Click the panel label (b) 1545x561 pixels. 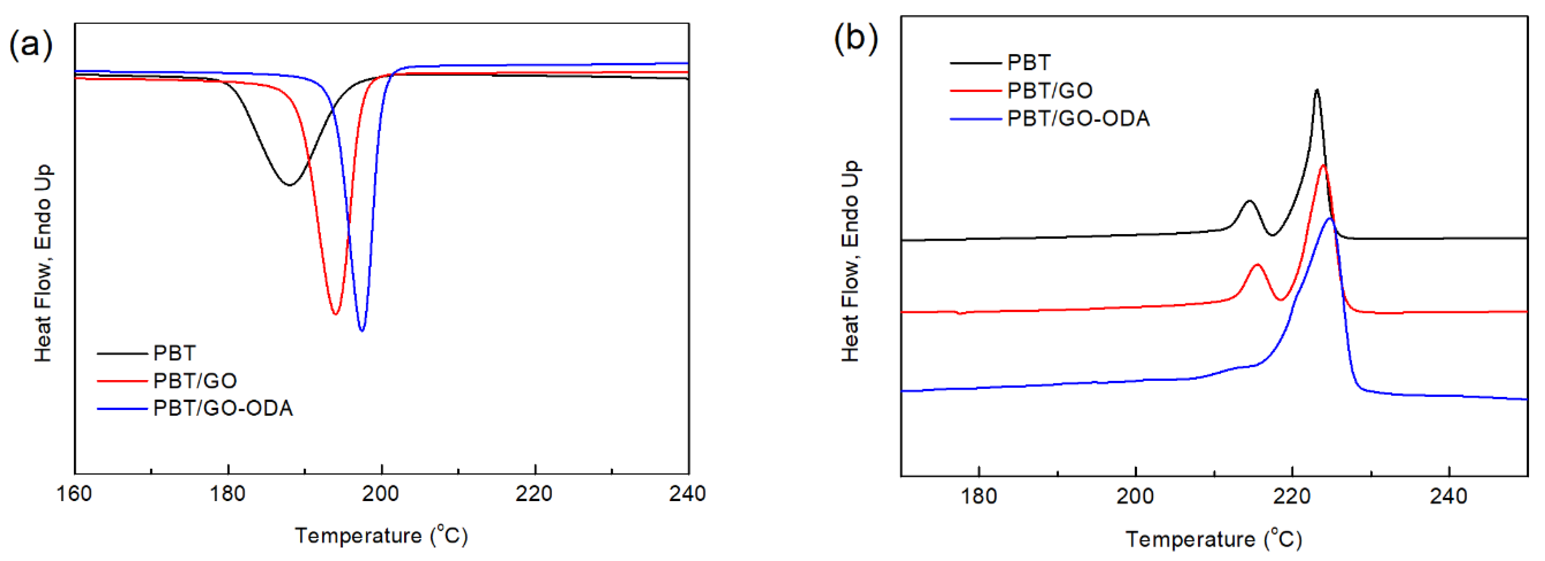[x=856, y=38]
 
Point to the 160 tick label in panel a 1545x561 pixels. [x=74, y=494]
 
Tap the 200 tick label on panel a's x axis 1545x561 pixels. [x=381, y=494]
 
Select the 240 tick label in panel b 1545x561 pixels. [x=1448, y=496]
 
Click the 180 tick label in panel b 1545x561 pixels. [x=979, y=496]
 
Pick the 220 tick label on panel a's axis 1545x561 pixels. [x=535, y=494]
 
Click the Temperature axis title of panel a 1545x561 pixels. [x=381, y=535]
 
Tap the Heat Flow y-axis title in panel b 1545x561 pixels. [x=850, y=261]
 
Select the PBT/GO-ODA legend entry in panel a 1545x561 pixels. [x=223, y=408]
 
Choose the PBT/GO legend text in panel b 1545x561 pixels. [x=1050, y=91]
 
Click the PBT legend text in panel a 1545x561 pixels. [x=174, y=353]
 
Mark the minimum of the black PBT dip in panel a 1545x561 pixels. [x=290, y=185]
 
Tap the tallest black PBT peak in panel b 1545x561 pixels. [x=1317, y=90]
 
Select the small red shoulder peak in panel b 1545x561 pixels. [x=1257, y=264]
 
